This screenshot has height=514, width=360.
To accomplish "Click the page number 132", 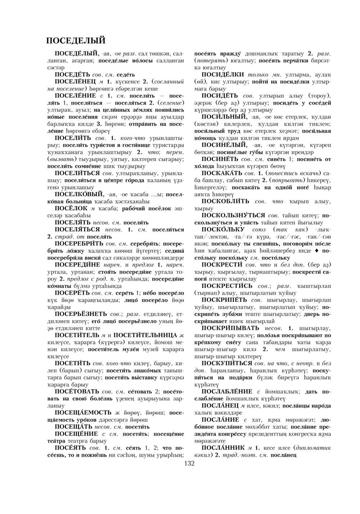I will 189,463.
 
